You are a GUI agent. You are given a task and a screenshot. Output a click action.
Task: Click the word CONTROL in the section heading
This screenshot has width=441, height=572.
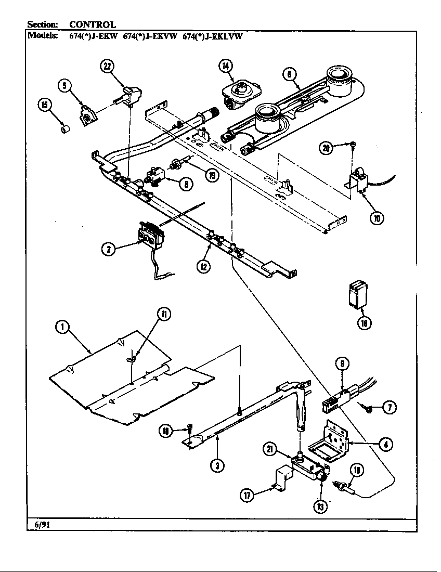[92, 24]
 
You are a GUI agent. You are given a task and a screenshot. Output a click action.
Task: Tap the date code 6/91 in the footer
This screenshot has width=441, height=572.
[38, 525]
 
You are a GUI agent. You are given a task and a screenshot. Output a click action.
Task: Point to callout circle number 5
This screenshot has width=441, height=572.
[64, 85]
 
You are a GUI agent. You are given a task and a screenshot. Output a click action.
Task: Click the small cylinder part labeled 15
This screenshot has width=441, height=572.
[65, 128]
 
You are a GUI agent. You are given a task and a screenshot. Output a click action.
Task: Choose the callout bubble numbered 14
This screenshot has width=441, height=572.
[225, 66]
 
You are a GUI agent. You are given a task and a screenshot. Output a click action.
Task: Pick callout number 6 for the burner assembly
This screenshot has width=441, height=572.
[290, 74]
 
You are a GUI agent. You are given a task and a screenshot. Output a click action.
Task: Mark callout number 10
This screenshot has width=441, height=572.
[375, 217]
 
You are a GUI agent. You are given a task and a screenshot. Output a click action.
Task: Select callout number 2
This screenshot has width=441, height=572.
[108, 249]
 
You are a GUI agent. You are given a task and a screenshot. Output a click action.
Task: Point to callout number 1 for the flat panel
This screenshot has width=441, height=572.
[63, 327]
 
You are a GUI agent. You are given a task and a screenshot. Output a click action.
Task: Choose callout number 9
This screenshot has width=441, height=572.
[342, 365]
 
